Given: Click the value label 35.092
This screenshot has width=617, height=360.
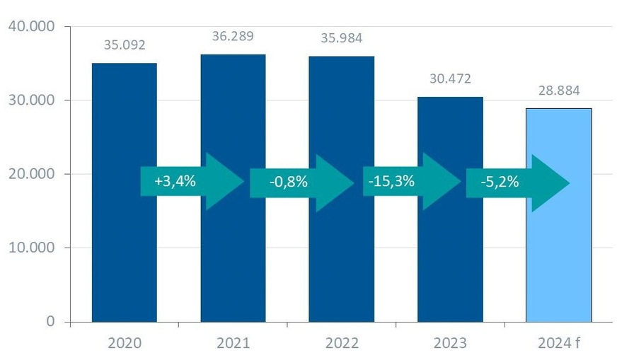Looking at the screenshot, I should [x=124, y=45].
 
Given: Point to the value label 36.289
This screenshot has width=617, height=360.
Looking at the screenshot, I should [x=233, y=36].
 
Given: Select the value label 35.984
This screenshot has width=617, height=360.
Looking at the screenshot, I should [x=341, y=38].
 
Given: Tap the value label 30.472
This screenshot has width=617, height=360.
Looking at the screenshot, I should [x=450, y=79].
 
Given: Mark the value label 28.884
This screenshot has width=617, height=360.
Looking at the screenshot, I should [x=558, y=91].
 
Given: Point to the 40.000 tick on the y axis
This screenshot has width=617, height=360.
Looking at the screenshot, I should [x=33, y=27].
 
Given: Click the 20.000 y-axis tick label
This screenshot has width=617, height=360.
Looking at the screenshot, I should [x=33, y=174].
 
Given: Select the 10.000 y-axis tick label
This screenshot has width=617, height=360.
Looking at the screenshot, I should [x=33, y=248].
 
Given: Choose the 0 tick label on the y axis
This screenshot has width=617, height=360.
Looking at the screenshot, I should [x=50, y=322].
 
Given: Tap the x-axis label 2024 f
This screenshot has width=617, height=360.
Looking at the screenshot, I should [x=558, y=344].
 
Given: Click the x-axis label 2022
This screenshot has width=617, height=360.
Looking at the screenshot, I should [x=341, y=344].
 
